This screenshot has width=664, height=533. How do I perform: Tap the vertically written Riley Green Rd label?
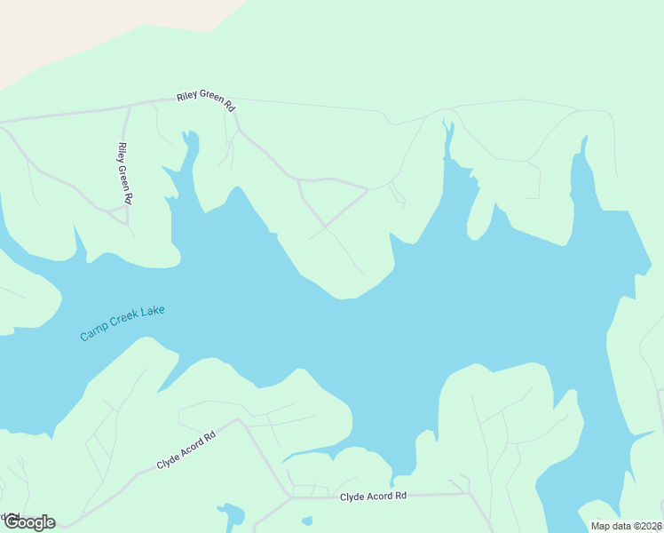[x=124, y=173]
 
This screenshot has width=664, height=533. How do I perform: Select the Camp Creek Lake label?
[x=123, y=323]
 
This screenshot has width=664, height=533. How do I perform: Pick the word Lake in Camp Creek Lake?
[x=154, y=312]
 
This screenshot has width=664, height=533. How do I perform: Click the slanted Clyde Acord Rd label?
[x=186, y=451]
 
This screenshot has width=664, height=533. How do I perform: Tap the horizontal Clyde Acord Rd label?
[x=373, y=496]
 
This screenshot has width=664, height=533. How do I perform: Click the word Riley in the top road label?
[x=187, y=96]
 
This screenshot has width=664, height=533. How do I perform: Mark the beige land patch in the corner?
[x=89, y=31]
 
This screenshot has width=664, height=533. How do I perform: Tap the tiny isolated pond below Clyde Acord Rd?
[x=307, y=521]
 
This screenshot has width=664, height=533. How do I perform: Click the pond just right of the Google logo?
[x=232, y=514]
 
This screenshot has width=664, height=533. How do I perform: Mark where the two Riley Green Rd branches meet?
[x=130, y=105]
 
